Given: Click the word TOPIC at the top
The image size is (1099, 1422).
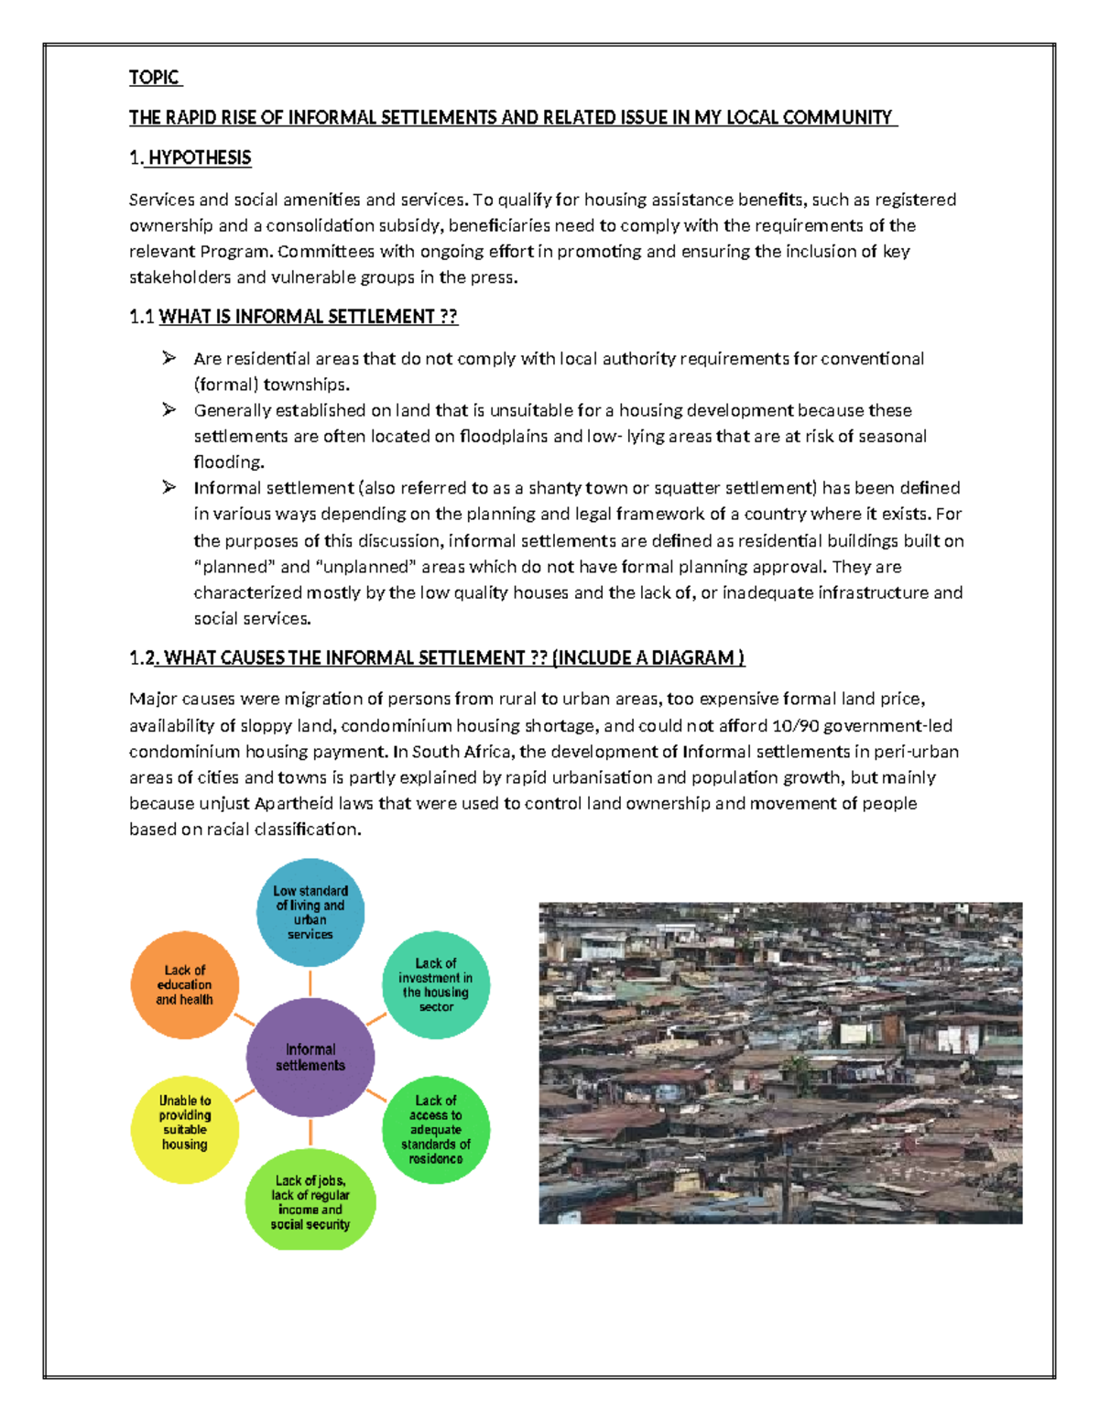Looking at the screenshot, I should pos(154,78).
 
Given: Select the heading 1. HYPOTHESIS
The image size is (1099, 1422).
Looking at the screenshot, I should pos(190,158).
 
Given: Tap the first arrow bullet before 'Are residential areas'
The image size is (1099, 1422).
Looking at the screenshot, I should pos(169,358).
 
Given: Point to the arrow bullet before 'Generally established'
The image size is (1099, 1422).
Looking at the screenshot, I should pos(169,409).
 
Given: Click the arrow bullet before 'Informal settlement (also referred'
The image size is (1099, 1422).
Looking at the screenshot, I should pos(169,487).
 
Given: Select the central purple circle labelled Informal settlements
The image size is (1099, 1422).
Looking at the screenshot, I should pos(310,1058).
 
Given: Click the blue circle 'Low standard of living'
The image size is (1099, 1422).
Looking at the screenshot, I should pos(310,912).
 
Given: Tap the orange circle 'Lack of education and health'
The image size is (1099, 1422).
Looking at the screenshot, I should pos(184,985).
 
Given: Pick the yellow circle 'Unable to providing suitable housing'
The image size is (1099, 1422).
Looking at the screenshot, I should pos(184,1129).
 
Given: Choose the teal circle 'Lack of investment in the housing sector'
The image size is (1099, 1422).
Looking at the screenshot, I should pos(436,985).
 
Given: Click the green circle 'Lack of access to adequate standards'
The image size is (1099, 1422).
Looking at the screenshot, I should pos(436,1129).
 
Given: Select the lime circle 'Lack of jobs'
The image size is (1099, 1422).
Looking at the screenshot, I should pos(310,1200).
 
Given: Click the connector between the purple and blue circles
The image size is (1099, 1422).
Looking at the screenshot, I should pos(310,982).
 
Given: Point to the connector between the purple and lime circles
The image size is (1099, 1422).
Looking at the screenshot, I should pos(310,1133).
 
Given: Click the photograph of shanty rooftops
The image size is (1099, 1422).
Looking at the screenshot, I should pos(780,1062).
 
